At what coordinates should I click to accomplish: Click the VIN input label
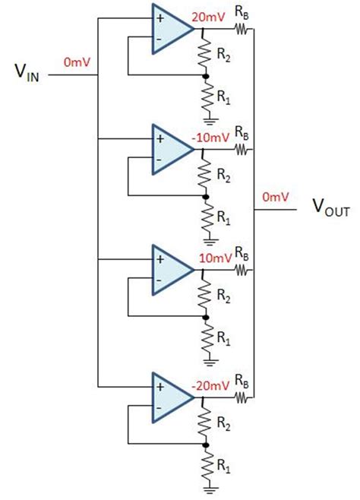click(x=27, y=73)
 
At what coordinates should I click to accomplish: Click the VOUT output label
click(x=331, y=208)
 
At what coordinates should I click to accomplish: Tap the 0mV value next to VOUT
click(x=275, y=197)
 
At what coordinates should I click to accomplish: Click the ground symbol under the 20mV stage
click(x=205, y=117)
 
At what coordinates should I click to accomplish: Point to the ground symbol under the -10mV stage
click(x=205, y=237)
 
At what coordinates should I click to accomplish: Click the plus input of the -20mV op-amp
click(x=160, y=387)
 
